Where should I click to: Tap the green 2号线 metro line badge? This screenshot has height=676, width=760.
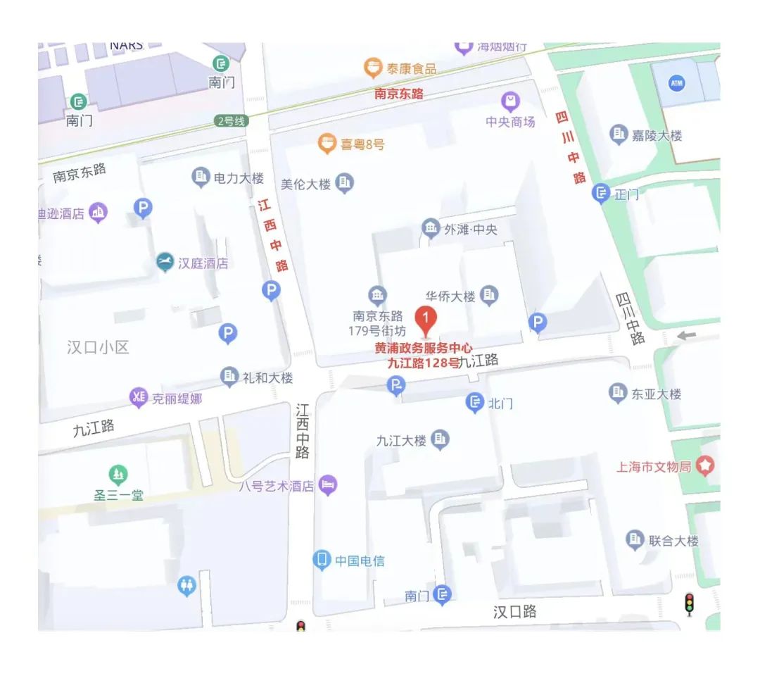(232, 121)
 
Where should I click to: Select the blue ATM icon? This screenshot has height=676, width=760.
(676, 84)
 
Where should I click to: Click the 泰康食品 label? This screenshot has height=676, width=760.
(411, 68)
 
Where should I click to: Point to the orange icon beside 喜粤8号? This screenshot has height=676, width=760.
(326, 144)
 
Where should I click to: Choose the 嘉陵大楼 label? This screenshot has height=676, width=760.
(657, 135)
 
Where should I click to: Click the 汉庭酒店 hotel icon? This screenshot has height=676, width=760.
(165, 263)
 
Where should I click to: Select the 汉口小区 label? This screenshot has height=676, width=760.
(98, 347)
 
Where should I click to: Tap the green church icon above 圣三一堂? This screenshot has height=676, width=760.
(118, 475)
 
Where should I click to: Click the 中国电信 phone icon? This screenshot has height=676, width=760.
(322, 561)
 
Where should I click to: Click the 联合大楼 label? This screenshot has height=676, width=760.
(673, 541)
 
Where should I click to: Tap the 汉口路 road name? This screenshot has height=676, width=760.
(514, 611)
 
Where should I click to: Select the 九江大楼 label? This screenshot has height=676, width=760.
(401, 441)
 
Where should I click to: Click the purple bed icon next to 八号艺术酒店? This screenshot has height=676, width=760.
(328, 484)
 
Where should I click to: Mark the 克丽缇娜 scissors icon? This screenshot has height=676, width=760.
(138, 398)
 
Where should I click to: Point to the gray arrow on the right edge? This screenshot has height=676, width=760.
(687, 336)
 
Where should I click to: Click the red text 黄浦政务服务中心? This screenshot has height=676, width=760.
(423, 348)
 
